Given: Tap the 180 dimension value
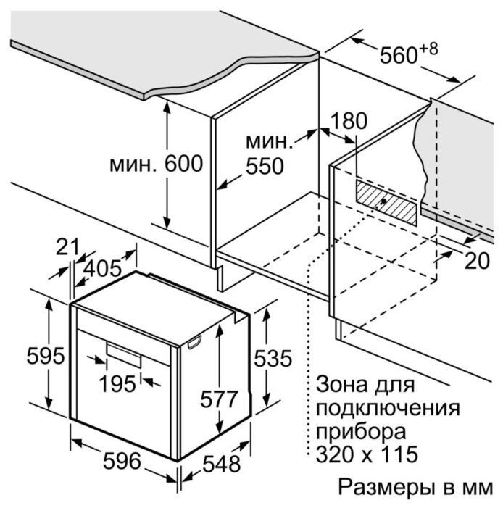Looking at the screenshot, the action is (x=349, y=121).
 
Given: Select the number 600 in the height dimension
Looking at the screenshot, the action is (x=184, y=164).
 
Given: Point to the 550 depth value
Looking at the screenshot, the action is (x=265, y=166).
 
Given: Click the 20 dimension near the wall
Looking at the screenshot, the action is (x=477, y=260).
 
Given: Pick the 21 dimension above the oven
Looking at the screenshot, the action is (x=67, y=247).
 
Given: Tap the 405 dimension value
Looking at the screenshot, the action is (x=102, y=269).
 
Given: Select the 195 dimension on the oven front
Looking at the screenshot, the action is (x=117, y=384).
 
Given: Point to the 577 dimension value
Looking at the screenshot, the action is (x=219, y=399).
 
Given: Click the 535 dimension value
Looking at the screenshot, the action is (x=273, y=358).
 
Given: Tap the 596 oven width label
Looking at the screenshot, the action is (x=122, y=461).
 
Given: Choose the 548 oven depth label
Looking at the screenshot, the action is (x=222, y=464).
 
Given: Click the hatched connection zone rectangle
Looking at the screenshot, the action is (x=386, y=202).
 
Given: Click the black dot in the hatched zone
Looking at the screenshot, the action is (x=383, y=201).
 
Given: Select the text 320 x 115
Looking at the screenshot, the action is (x=367, y=454).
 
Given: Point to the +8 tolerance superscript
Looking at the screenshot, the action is (x=429, y=49).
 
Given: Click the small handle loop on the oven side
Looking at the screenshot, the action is (x=194, y=342).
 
